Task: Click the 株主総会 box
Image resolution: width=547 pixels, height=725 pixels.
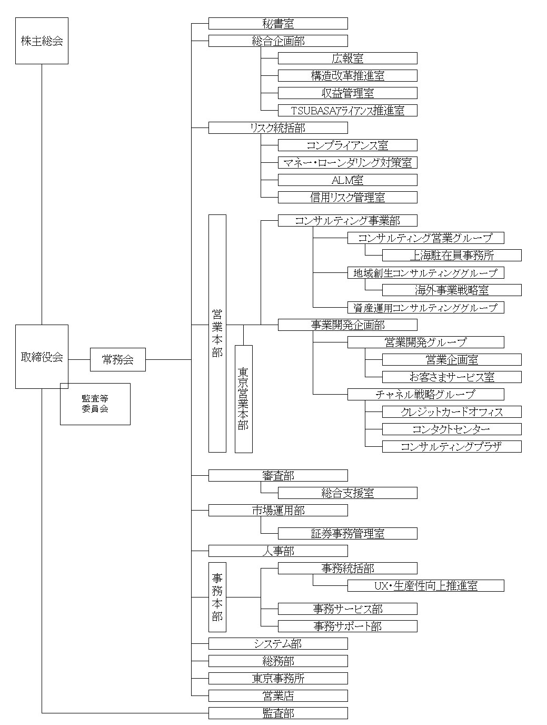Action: click(x=42, y=41)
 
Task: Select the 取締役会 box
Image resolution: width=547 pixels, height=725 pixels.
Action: click(x=42, y=357)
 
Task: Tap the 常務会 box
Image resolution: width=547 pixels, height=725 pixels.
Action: click(x=117, y=360)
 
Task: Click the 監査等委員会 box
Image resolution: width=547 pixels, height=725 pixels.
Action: click(x=95, y=404)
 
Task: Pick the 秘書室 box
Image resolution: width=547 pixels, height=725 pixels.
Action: click(x=278, y=23)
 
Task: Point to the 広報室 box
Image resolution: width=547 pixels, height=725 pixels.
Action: click(x=347, y=58)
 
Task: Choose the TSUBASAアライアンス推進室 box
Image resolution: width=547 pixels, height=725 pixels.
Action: click(x=347, y=110)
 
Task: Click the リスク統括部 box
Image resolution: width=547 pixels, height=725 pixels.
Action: click(x=278, y=128)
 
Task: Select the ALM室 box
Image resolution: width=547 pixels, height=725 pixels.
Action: click(x=347, y=180)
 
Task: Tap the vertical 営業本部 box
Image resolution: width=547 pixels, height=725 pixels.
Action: click(x=217, y=333)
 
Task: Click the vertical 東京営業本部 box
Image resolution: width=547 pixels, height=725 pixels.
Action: click(x=243, y=399)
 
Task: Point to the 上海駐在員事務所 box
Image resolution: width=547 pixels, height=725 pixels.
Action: click(x=452, y=256)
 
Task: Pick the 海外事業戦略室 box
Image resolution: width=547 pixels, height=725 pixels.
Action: click(x=452, y=290)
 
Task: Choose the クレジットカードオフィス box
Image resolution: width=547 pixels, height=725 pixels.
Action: click(x=452, y=412)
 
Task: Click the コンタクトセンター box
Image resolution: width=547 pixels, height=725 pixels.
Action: click(x=452, y=429)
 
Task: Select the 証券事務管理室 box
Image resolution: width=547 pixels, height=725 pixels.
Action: click(x=347, y=533)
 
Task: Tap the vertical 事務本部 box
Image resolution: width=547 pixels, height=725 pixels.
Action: click(x=217, y=597)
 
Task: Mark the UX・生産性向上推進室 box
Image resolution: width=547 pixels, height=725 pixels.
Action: click(x=425, y=585)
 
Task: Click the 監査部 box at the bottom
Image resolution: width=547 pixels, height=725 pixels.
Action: click(x=278, y=713)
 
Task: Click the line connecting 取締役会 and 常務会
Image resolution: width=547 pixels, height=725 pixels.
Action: click(x=79, y=360)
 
